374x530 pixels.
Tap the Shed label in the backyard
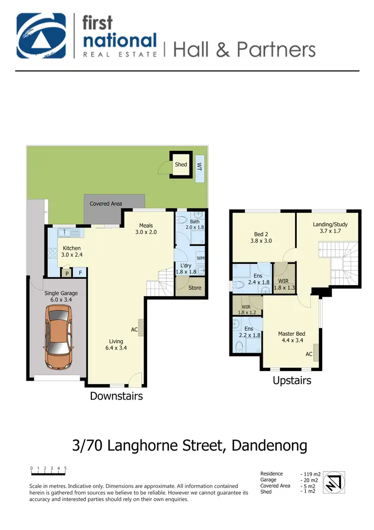[181, 164]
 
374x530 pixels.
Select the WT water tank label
[199, 164]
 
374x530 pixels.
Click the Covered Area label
[106, 204]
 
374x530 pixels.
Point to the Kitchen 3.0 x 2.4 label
[71, 251]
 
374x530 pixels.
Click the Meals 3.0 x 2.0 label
[146, 229]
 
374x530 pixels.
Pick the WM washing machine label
[200, 258]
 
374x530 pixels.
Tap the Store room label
[194, 288]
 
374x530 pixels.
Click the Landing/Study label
[330, 228]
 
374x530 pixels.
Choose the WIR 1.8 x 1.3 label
[284, 284]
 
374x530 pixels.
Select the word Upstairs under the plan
[292, 381]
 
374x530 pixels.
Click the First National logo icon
[42, 36]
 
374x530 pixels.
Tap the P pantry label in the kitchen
[67, 273]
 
